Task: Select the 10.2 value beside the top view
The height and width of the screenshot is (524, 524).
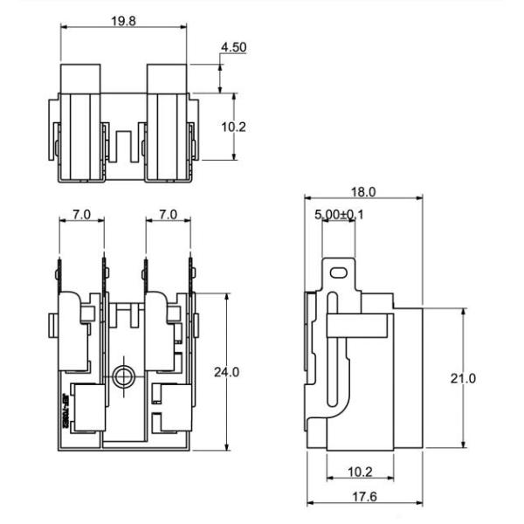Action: coord(233,127)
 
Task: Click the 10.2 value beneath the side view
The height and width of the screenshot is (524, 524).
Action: coord(362,472)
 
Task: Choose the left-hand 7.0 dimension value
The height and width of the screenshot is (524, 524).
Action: coord(81,213)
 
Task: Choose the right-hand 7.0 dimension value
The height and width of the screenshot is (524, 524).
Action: coord(168,213)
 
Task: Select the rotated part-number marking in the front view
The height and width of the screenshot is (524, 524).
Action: coord(66,410)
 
